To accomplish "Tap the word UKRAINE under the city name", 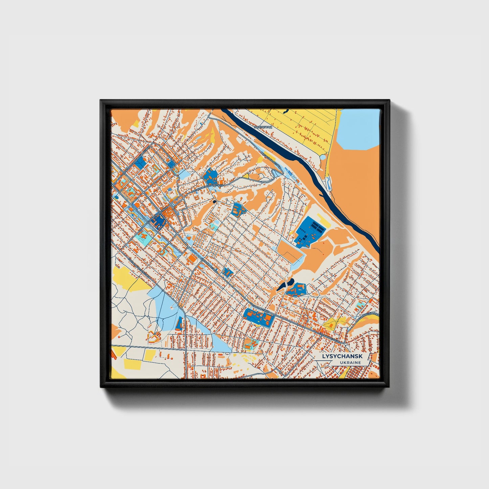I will [350, 362].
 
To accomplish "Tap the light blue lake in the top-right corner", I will [359, 129].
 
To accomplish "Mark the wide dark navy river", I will [305, 159].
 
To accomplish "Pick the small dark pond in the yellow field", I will [286, 110].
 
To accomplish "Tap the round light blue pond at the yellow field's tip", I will [323, 157].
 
